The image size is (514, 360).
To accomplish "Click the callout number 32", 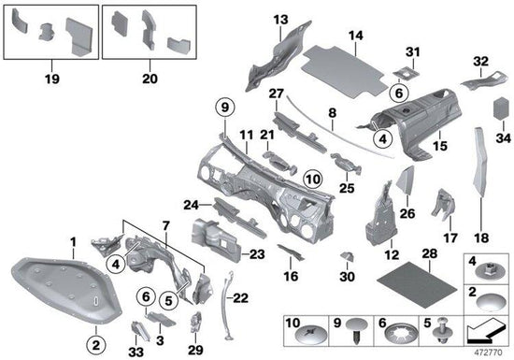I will pos(480,62).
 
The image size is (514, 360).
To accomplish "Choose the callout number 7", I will pos(165,226).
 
